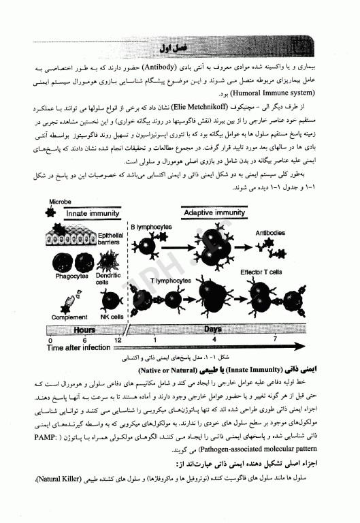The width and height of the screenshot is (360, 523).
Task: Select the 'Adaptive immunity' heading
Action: pyautogui.click(x=214, y=212)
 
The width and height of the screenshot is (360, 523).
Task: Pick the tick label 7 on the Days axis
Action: pyautogui.click(x=275, y=338)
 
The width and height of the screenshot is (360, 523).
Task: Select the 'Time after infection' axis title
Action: pyautogui.click(x=78, y=347)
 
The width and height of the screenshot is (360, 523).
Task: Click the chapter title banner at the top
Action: pyautogui.click(x=171, y=48)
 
